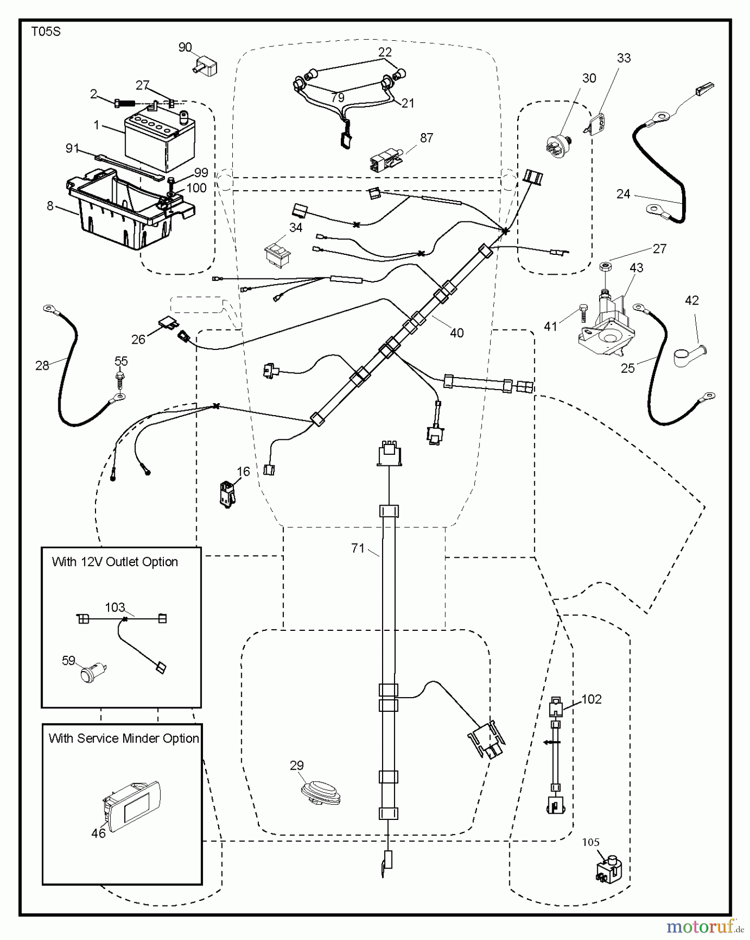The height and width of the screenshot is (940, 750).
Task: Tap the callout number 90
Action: coord(185,48)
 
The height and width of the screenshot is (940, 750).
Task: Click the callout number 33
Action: coord(624,58)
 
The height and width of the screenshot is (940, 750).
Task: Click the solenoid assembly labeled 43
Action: coord(605,326)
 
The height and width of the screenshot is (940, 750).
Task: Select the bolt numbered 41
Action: coord(583,314)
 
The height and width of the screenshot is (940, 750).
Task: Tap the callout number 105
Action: coord(591,842)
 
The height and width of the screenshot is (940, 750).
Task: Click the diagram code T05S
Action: coord(45,32)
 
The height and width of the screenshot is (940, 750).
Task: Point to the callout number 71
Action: coord(358,548)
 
